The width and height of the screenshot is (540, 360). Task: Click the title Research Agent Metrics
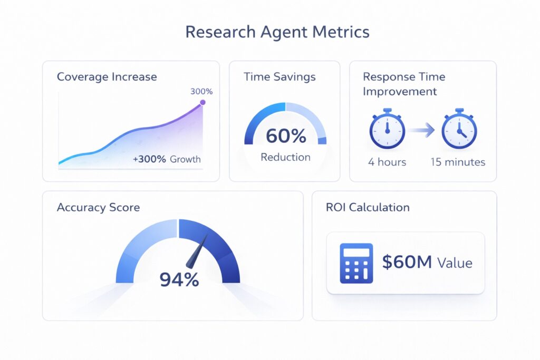click(x=277, y=32)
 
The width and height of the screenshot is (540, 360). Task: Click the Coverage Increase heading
click(x=107, y=77)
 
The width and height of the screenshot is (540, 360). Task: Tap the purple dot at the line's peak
click(x=202, y=104)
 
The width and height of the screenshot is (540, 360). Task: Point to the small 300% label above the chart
click(x=201, y=91)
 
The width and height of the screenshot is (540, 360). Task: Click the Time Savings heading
click(x=279, y=77)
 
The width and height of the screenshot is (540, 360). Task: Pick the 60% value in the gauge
click(x=285, y=136)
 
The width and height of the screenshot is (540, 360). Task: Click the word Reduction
click(x=285, y=157)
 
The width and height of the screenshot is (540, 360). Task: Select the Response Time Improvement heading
click(x=404, y=84)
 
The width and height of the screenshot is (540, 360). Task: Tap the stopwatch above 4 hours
click(x=387, y=129)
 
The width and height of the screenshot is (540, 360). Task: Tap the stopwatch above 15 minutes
click(x=459, y=129)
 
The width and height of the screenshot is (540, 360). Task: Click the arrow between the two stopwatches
click(x=423, y=129)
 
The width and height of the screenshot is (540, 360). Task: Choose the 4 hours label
click(x=387, y=162)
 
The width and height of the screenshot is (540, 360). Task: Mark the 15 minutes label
click(x=458, y=162)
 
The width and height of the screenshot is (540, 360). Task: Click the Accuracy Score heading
click(x=98, y=207)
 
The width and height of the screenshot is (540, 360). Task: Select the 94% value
click(x=179, y=279)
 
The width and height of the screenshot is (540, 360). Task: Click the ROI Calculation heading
click(x=368, y=207)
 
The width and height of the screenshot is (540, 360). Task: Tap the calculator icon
click(x=356, y=262)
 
